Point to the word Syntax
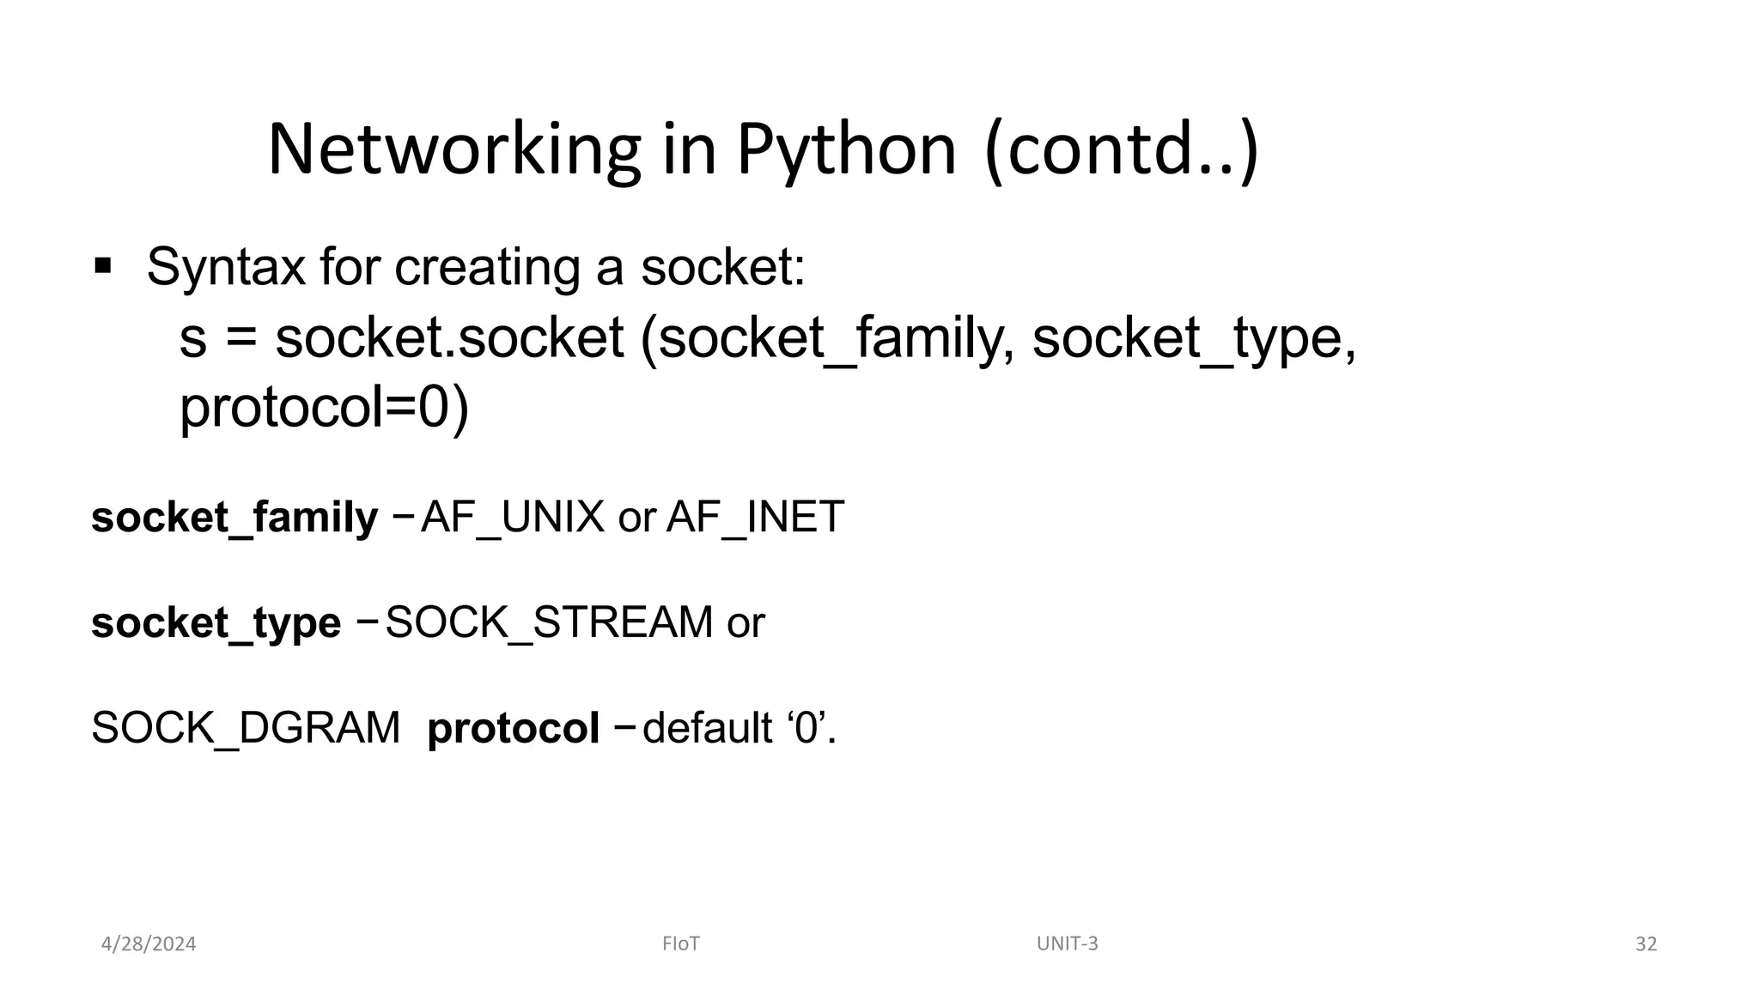(225, 267)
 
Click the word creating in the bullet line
(487, 267)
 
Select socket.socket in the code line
(449, 337)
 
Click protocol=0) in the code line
(324, 408)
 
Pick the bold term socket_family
(234, 518)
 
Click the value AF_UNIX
(513, 518)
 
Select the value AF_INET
(755, 518)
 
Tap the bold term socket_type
(216, 623)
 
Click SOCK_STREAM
(549, 623)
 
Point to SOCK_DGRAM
(246, 729)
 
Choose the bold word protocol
(513, 729)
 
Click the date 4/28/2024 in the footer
(149, 944)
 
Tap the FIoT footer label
(681, 944)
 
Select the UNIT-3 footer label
(1067, 944)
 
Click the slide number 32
(1646, 944)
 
